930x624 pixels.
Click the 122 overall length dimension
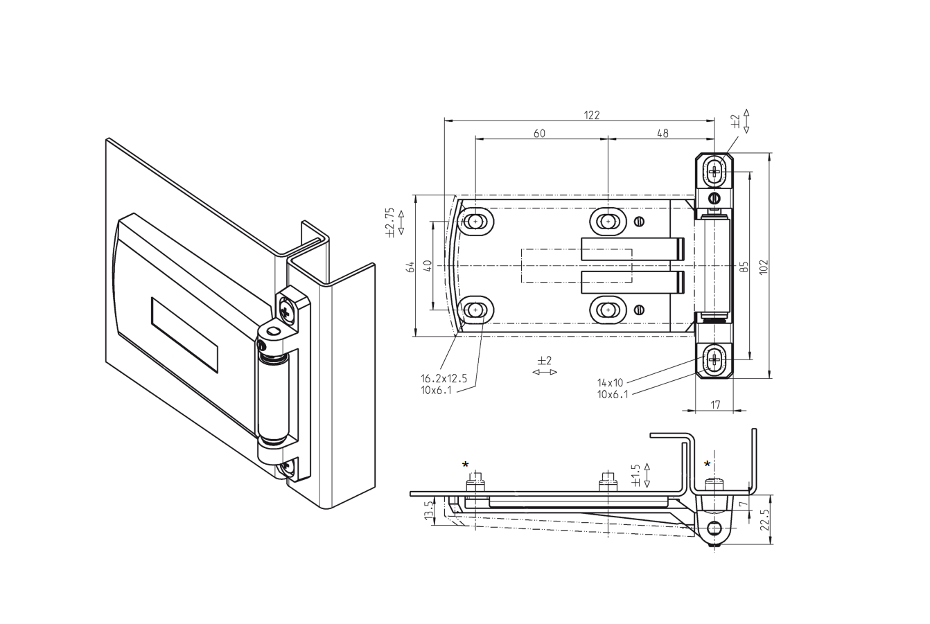[x=590, y=115]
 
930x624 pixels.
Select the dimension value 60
[x=539, y=134]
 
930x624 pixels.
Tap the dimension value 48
[x=662, y=134]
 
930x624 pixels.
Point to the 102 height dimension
[x=764, y=267]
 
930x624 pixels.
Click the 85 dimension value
[x=744, y=267]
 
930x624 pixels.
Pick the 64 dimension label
[x=410, y=267]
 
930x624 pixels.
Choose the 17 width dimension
[x=716, y=404]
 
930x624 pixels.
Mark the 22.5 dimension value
[x=764, y=519]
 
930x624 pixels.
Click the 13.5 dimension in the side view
[x=429, y=511]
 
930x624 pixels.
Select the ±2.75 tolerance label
[x=389, y=222]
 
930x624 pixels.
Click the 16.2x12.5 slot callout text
[x=444, y=379]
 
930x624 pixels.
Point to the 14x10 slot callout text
[x=610, y=382]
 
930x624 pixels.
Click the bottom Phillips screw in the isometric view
[x=286, y=469]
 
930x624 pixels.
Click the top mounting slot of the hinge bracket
[x=715, y=170]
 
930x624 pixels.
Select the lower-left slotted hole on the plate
[x=475, y=310]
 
